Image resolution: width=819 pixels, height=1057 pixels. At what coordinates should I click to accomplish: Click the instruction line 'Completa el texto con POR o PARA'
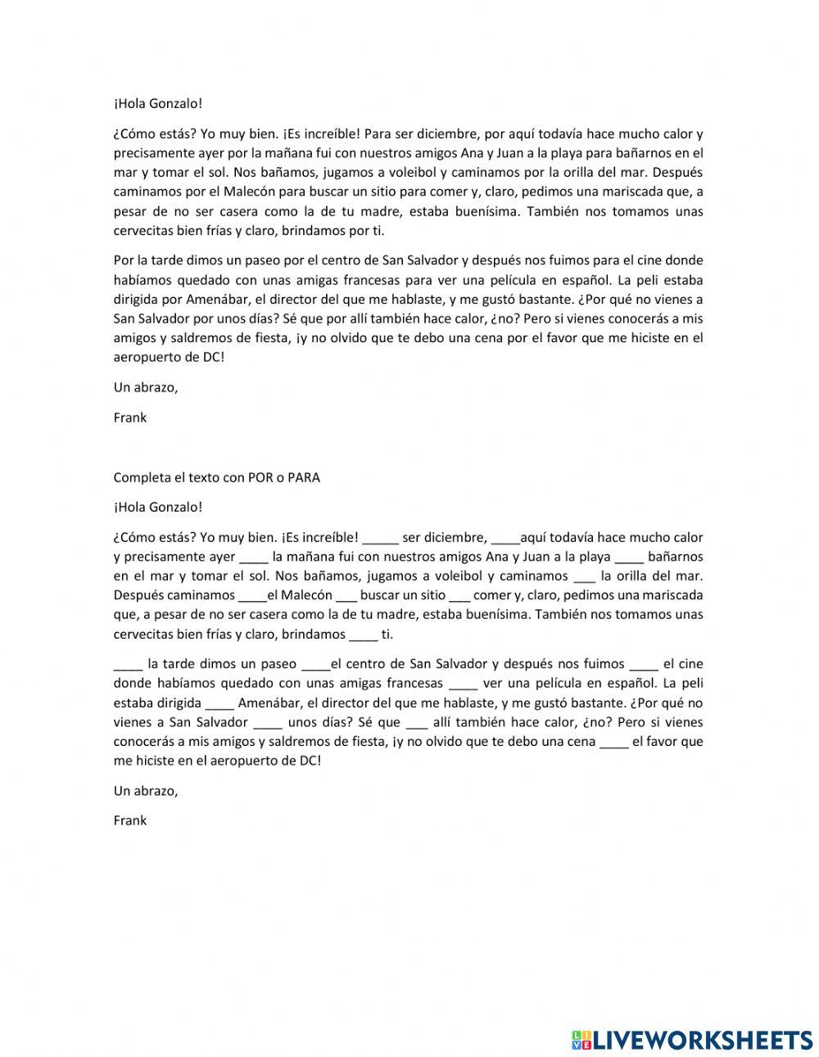tap(216, 477)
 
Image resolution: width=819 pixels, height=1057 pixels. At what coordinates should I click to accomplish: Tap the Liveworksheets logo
tap(692, 1039)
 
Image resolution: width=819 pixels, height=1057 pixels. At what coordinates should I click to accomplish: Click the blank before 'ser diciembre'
tap(380, 539)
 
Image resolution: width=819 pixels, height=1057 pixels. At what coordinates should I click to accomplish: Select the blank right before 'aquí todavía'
tap(506, 539)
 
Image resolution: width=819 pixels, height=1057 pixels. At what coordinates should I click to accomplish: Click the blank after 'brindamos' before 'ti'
tap(364, 635)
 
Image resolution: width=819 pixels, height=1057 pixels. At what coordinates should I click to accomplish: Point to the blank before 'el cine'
tap(645, 665)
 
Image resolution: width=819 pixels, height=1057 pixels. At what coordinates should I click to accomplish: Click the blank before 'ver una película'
tap(464, 684)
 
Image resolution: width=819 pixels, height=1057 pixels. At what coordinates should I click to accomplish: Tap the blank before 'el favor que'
tap(614, 742)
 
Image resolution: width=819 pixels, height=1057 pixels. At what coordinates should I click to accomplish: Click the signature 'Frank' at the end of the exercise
tap(130, 820)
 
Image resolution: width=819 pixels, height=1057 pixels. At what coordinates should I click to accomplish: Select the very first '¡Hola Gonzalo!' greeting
tap(157, 103)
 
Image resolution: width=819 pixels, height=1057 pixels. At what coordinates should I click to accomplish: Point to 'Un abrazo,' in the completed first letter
tap(146, 387)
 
